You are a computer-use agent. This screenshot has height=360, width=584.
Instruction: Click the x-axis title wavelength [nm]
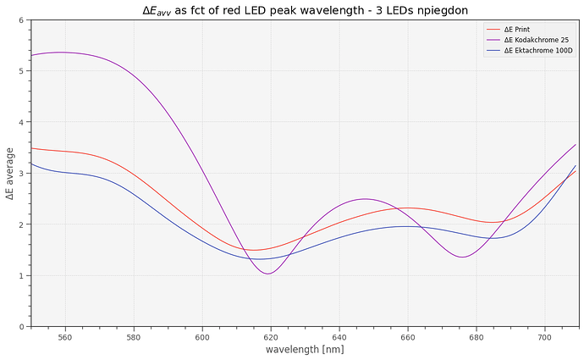(x=305, y=349)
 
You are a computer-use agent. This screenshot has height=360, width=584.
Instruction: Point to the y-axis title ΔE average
(x=9, y=173)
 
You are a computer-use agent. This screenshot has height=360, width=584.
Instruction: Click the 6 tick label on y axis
(x=21, y=20)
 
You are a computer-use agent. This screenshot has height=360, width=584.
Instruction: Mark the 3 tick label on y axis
(x=21, y=174)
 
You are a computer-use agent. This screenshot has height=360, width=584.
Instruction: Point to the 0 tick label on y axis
(x=21, y=327)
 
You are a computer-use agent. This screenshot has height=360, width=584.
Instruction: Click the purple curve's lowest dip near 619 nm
(x=268, y=274)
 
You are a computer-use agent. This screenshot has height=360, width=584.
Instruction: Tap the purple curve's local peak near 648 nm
(x=365, y=199)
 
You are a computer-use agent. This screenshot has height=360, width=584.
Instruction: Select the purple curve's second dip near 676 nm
(x=462, y=257)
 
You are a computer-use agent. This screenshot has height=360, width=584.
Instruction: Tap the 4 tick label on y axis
(x=21, y=123)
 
